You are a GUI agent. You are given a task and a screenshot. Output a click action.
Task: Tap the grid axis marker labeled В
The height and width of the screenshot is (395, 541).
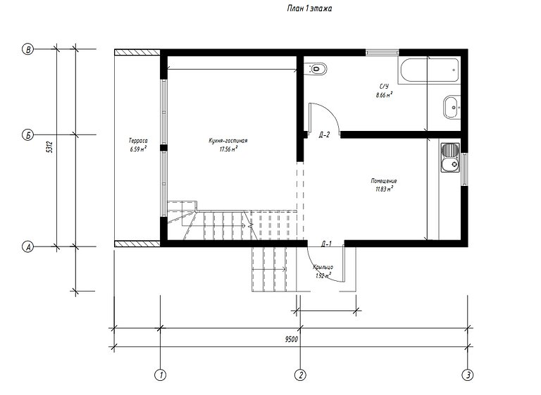click(28, 49)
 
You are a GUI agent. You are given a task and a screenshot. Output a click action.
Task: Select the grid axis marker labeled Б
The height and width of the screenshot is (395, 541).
click(28, 134)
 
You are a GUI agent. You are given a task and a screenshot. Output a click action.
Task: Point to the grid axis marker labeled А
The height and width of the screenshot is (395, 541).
click(28, 246)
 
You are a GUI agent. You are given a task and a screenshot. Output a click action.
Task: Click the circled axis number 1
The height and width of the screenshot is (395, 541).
click(161, 374)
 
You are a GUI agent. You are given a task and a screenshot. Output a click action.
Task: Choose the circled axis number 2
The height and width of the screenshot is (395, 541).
click(300, 374)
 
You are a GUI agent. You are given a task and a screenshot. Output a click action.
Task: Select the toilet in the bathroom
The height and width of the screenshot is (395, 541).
click(317, 68)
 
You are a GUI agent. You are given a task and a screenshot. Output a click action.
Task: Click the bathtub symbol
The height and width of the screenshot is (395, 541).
click(430, 69)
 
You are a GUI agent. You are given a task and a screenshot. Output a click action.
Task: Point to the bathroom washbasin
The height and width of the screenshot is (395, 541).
click(450, 108)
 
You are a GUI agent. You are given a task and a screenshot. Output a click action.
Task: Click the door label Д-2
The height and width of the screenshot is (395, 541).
click(325, 134)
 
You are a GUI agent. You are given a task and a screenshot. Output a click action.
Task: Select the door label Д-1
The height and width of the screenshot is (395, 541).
click(326, 244)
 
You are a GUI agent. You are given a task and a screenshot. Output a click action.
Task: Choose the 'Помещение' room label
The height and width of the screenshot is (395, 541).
click(384, 180)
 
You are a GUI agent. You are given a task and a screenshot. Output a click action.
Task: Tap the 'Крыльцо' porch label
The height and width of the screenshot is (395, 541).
click(325, 268)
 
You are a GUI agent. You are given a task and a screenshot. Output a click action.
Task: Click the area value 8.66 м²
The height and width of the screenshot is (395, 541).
click(385, 94)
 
